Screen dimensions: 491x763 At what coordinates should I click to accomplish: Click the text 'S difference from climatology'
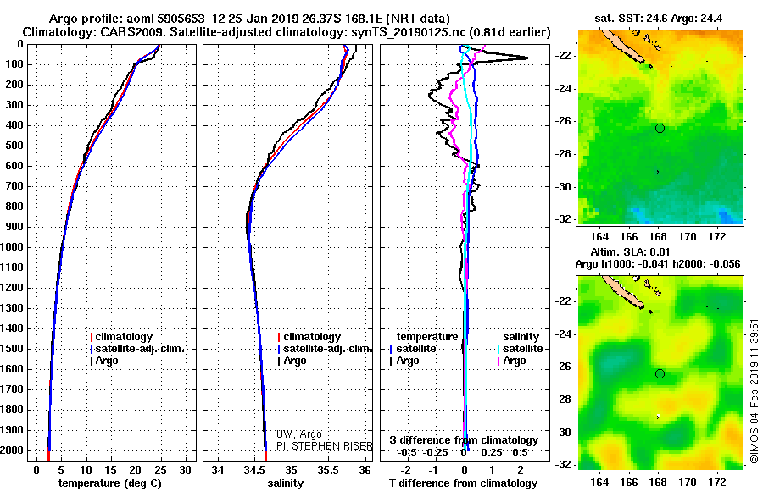463,440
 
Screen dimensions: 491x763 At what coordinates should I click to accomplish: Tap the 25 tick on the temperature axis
160,469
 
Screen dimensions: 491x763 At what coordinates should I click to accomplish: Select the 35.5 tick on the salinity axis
328,469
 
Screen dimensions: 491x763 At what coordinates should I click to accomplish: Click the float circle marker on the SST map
660,128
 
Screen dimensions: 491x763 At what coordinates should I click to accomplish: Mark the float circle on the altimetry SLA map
660,373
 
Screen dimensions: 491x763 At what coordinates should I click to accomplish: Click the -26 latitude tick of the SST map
565,121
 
